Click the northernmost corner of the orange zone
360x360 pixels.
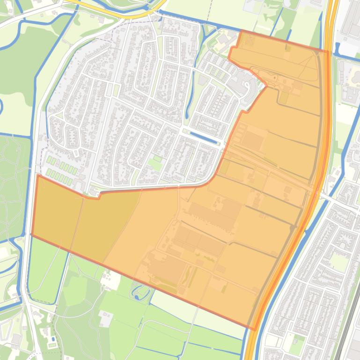241,31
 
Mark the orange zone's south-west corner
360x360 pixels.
32,235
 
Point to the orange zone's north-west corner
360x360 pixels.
37,176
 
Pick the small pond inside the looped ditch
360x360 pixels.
136,296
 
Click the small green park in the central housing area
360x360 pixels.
154,164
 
